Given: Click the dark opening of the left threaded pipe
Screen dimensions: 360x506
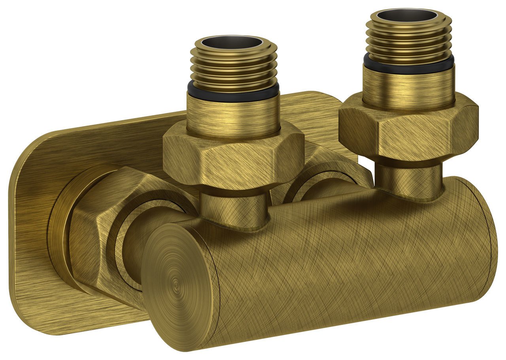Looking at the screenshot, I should click(x=233, y=43).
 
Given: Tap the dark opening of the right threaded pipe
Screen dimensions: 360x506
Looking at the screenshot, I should click(x=407, y=16).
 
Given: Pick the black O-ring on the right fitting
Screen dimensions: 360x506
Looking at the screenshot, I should click(x=409, y=64).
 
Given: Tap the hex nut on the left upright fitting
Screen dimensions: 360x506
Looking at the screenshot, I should click(x=233, y=158).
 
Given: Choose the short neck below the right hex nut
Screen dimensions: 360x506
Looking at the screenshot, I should click(x=409, y=176).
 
